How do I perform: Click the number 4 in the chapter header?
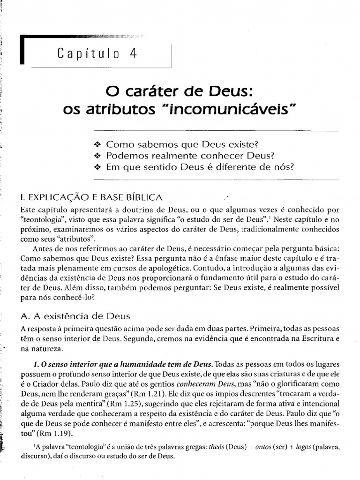pos(133,53)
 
